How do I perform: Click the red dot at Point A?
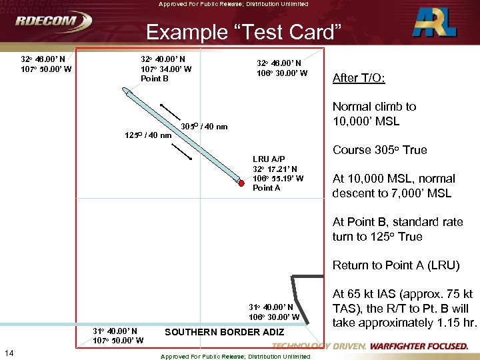(241, 181)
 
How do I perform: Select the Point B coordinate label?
(166, 69)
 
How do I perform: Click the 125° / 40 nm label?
(148, 136)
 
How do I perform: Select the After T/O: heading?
(359, 78)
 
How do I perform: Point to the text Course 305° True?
(379, 150)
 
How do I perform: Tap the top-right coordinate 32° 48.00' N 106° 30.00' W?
(282, 69)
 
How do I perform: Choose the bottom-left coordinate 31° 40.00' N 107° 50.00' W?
(119, 336)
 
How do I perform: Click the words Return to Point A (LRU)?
(396, 265)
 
